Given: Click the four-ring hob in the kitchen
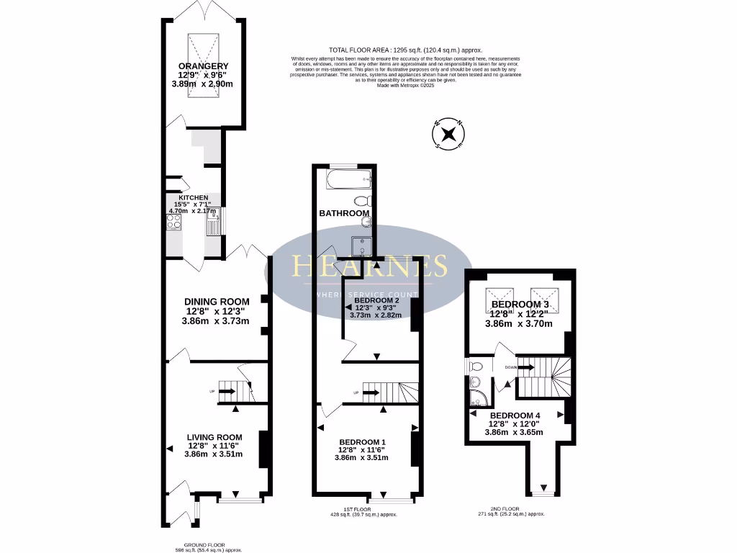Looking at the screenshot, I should point(174,222).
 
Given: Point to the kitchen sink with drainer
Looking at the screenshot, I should point(213,225).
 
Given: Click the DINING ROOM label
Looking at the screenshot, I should point(217,302).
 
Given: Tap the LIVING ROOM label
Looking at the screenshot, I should point(214,437).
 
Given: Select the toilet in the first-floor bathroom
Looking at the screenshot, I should point(362,201).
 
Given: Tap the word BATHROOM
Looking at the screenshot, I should point(345,213).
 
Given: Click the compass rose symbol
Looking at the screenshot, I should point(448,134).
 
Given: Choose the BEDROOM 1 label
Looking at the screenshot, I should point(363,441).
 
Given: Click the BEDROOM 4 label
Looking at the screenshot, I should point(515,415).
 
